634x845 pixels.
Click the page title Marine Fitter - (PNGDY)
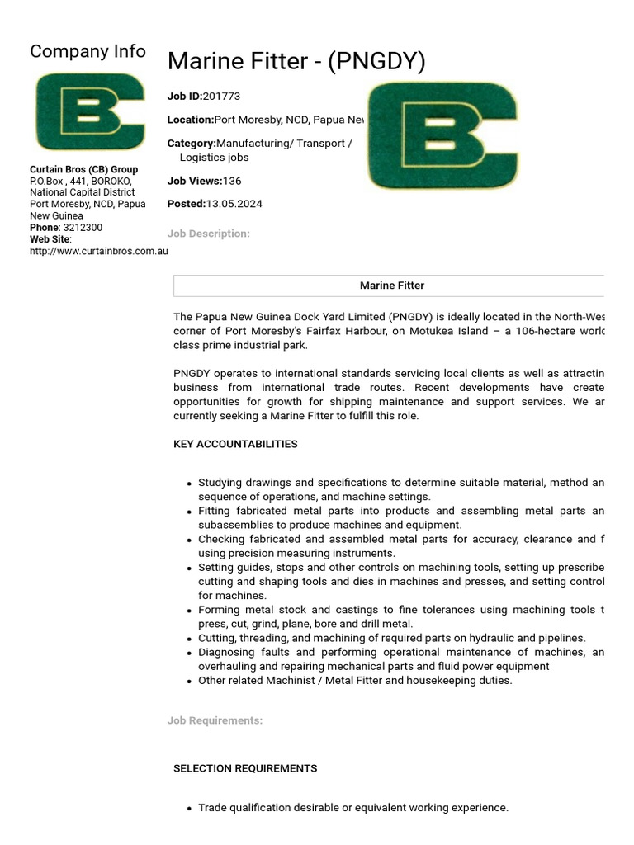coord(296,62)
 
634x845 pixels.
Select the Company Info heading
coord(88,51)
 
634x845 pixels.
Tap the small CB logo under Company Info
coord(90,112)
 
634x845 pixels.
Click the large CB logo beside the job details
coord(442,135)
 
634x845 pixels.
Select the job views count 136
coord(232,181)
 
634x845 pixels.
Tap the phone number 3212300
coord(83,228)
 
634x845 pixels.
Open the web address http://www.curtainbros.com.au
coord(98,251)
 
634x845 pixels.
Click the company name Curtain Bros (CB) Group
coord(83,170)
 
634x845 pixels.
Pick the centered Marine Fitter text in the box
coord(391,286)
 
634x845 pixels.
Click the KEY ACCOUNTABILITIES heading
coord(235,444)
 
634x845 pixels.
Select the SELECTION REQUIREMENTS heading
coord(244,768)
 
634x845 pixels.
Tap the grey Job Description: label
coord(208,234)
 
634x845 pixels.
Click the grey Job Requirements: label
coord(215,720)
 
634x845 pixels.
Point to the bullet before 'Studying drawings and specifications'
coord(190,484)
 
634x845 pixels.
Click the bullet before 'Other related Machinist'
coord(190,682)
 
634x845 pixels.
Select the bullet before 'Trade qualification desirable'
coord(190,809)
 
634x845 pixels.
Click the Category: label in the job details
coord(192,144)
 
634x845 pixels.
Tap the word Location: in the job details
coord(190,120)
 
